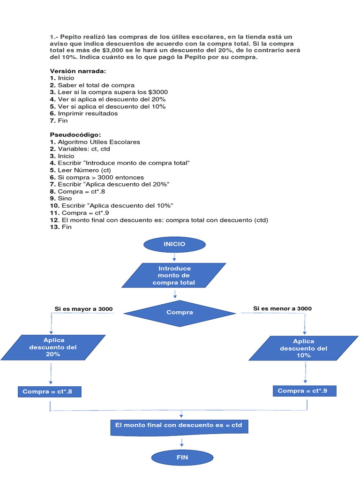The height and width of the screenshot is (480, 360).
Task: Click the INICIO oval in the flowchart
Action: point(174,244)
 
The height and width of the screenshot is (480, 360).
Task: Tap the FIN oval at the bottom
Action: point(182,457)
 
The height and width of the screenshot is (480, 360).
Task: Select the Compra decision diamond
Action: point(180,313)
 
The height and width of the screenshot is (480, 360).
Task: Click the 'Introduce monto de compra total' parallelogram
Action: point(174,276)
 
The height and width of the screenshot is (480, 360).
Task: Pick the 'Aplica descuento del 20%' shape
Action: point(52,347)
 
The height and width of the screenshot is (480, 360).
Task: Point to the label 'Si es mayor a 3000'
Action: point(83,309)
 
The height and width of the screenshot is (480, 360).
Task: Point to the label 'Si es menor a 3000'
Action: point(282,308)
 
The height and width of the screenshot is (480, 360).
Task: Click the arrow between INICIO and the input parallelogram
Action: point(174,257)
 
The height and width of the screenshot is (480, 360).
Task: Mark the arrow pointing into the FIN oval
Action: point(181,443)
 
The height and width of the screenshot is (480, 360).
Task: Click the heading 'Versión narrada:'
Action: point(78,71)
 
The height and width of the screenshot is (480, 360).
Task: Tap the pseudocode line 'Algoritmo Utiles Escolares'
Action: point(98,142)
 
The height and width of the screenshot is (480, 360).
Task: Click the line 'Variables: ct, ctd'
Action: point(84,149)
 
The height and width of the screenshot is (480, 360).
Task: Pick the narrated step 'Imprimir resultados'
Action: point(88,113)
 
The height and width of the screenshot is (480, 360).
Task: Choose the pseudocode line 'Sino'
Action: point(65,198)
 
